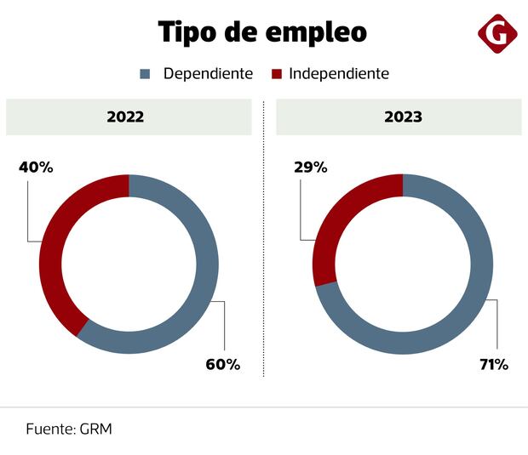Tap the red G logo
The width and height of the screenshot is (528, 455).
(497, 34)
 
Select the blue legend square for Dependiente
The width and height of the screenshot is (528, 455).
(145, 74)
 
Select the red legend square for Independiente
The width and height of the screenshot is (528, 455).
(277, 74)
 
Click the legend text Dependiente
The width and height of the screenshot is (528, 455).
(208, 74)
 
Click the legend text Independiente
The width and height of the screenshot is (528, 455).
(339, 74)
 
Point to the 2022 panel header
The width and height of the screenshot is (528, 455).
(129, 117)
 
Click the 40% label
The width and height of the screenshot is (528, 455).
(36, 168)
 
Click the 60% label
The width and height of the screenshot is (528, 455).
(223, 365)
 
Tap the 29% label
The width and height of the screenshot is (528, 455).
(310, 168)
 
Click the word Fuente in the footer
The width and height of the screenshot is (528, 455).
(48, 429)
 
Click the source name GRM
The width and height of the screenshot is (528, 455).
(95, 429)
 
